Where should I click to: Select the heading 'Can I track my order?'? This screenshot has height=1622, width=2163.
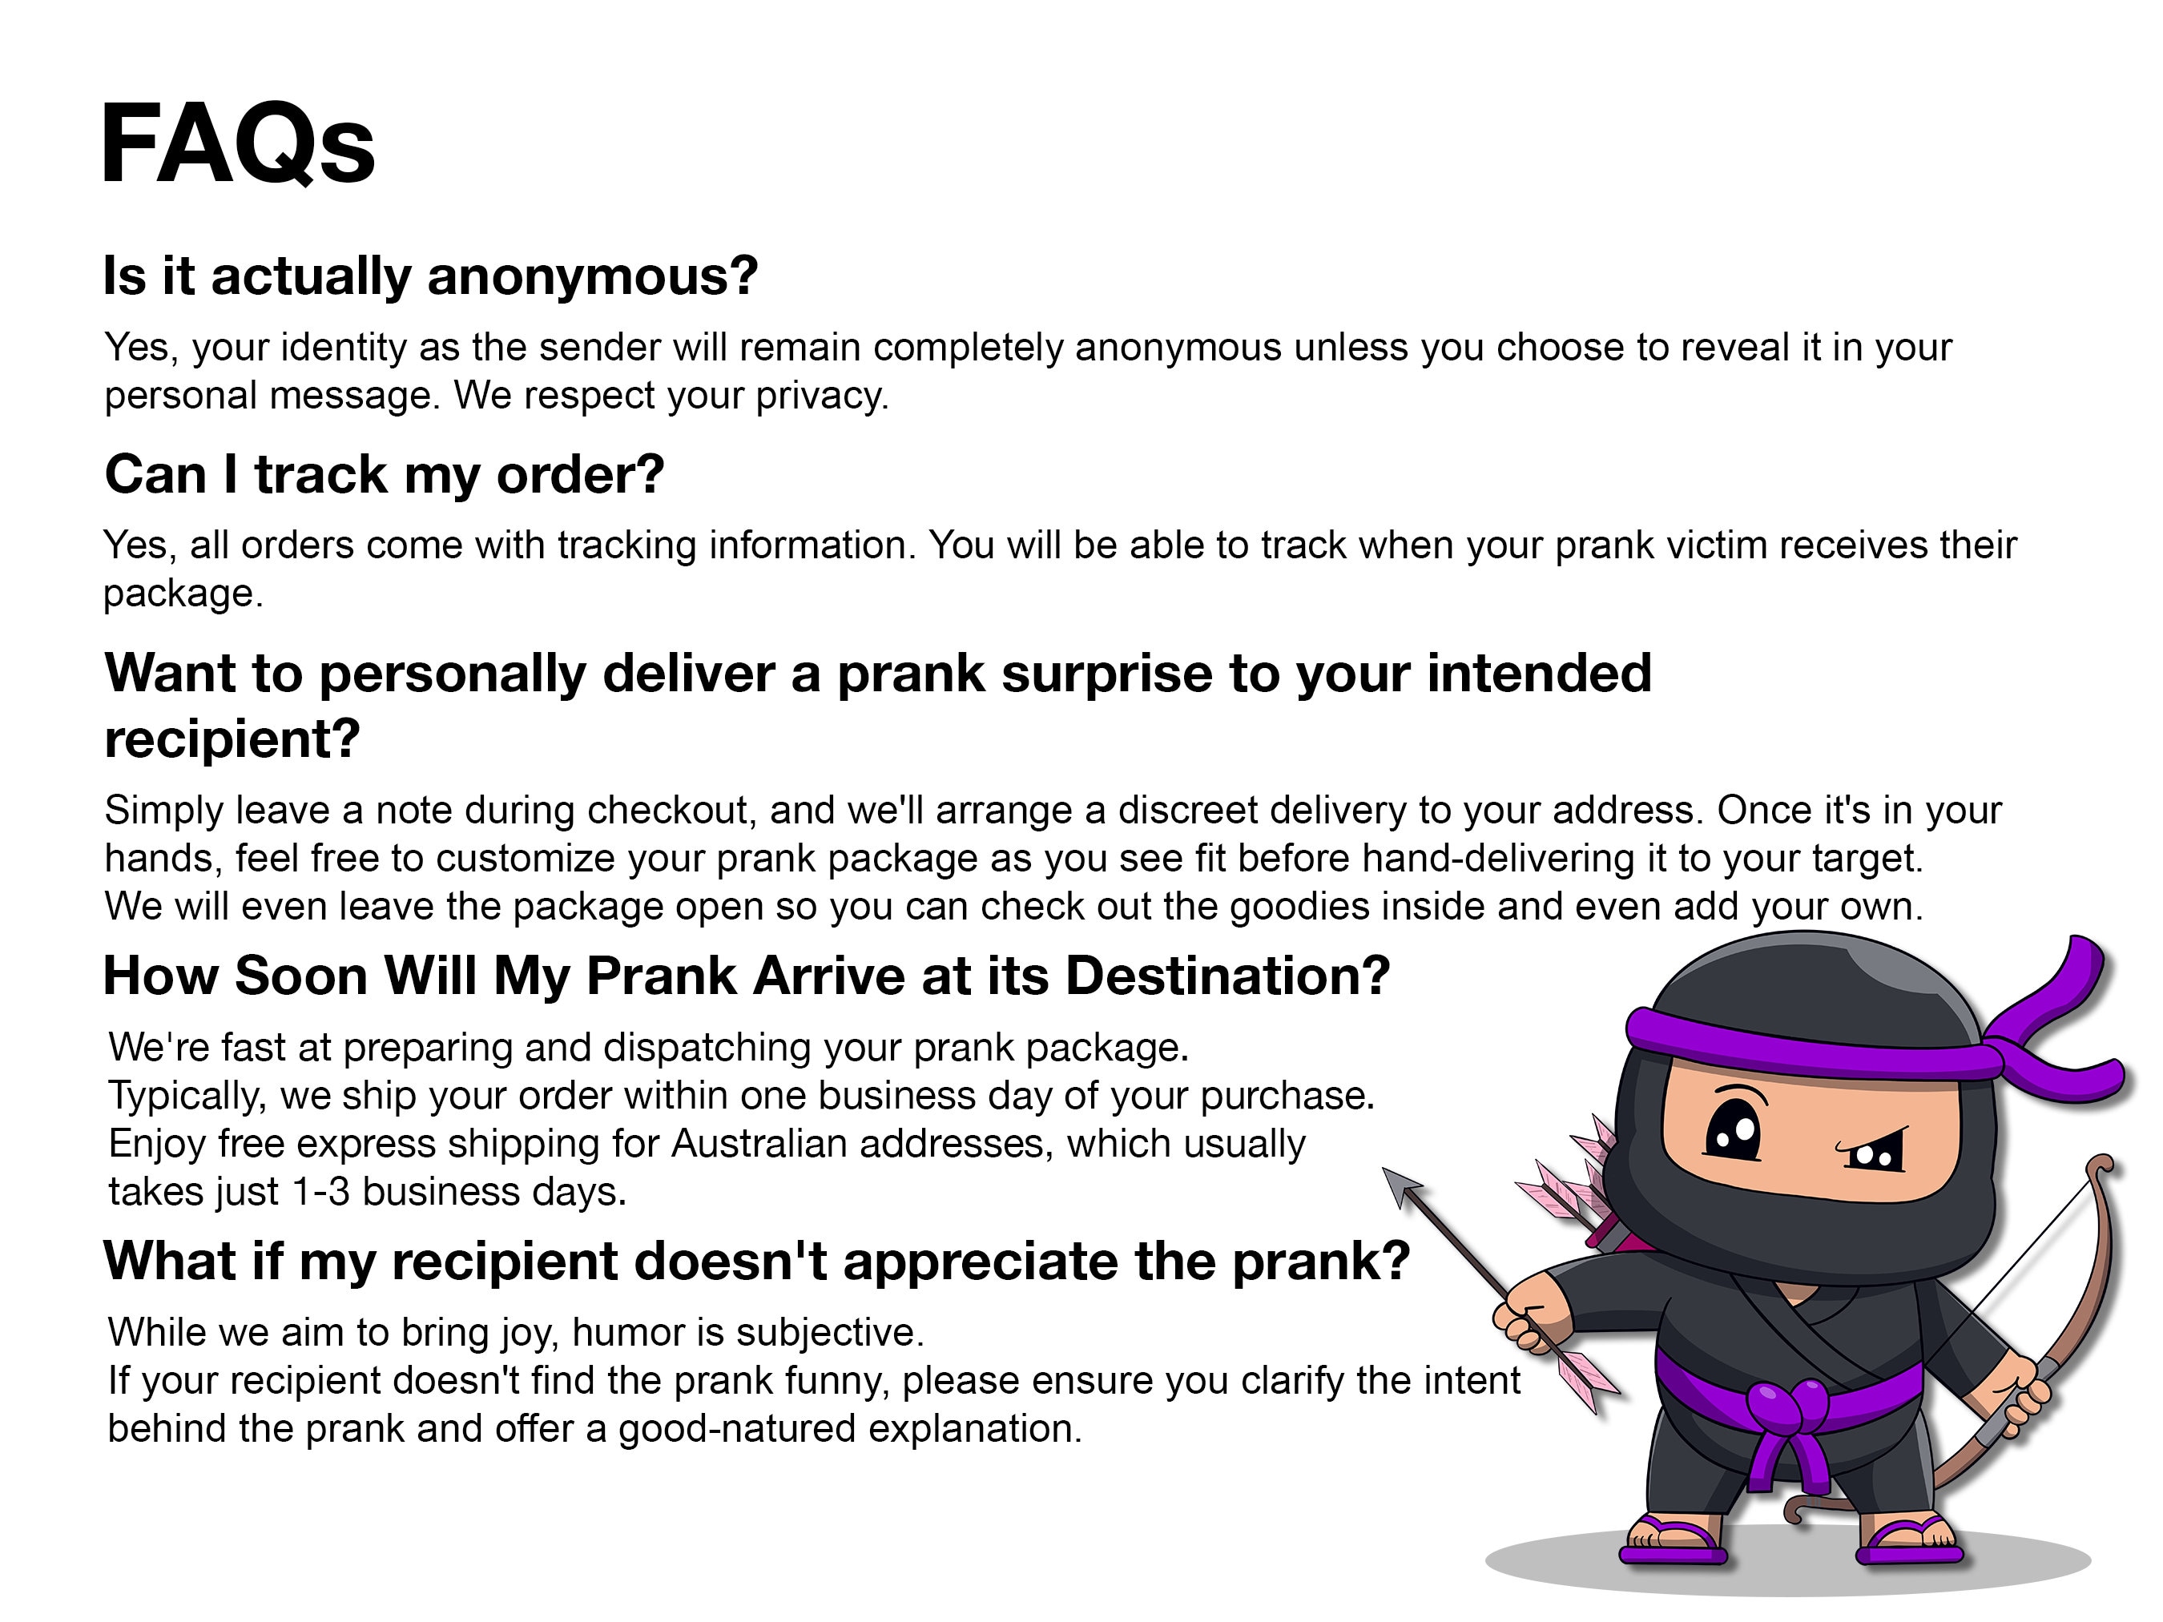point(385,475)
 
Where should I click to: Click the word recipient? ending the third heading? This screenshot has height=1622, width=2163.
point(233,739)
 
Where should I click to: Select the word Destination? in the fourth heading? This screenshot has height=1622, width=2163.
point(1227,976)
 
